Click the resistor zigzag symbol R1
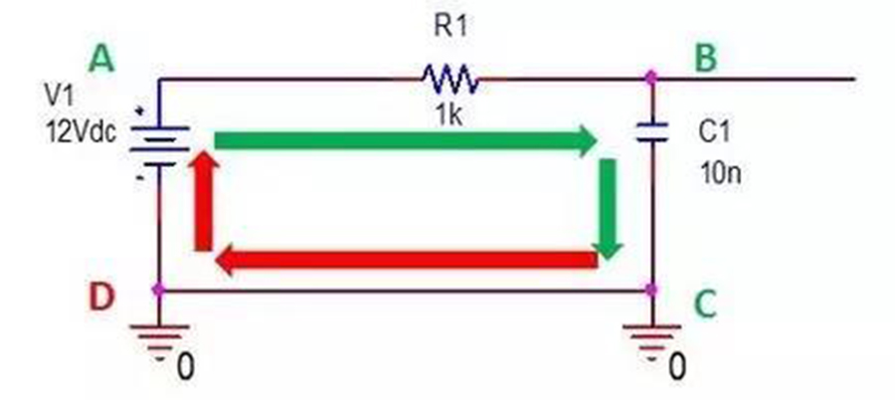449,79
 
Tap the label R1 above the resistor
450,26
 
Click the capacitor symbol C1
651,132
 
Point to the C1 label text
714,132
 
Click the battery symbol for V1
159,146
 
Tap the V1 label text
60,96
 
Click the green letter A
101,60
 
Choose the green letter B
705,59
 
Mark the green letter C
705,304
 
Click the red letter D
101,297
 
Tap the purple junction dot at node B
650,77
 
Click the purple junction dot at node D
159,290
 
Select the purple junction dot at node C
651,290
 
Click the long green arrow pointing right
406,140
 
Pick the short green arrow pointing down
608,209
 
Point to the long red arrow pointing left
406,260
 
